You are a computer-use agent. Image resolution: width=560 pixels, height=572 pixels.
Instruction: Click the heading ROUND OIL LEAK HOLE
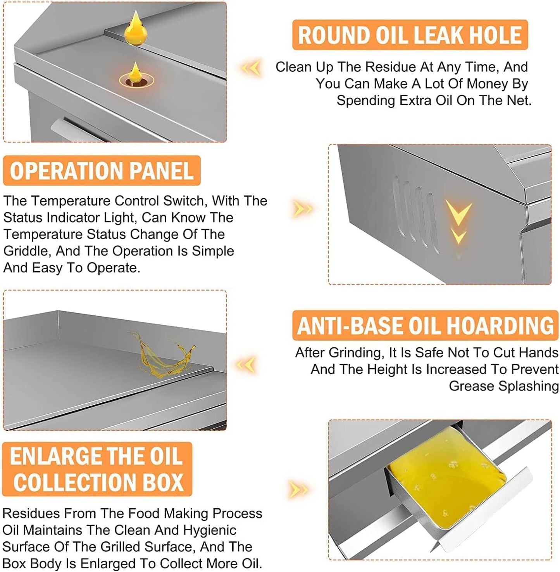[410, 35]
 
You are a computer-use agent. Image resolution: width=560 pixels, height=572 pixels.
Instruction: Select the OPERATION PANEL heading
[102, 171]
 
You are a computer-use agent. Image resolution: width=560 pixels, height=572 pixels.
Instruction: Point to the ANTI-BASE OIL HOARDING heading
[425, 325]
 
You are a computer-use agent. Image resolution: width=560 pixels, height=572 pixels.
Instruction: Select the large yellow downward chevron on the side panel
[458, 212]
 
